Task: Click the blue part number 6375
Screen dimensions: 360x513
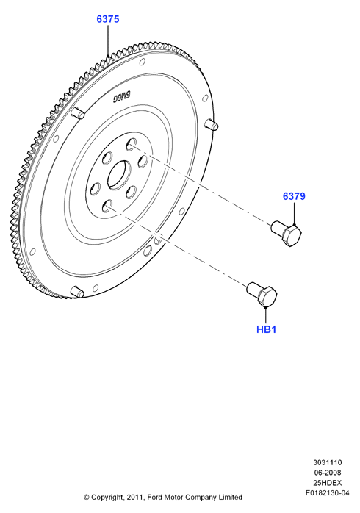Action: tap(107, 19)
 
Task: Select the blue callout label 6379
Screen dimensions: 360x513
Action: tap(294, 196)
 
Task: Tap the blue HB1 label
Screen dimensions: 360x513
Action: tap(267, 329)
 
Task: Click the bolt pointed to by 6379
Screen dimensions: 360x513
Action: tap(287, 233)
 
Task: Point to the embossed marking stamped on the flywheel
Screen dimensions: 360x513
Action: tap(122, 96)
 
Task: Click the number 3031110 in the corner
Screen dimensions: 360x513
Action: tap(327, 462)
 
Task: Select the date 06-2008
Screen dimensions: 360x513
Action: tap(327, 473)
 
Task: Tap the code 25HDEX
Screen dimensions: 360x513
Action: tap(327, 483)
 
